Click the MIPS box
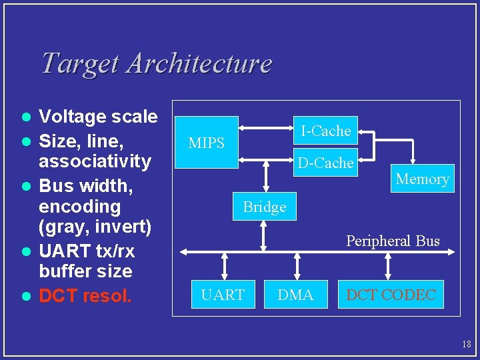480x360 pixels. tap(206, 143)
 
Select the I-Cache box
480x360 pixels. tap(325, 131)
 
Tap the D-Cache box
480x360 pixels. tap(325, 163)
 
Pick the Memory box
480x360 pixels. tap(422, 178)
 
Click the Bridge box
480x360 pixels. tap(265, 207)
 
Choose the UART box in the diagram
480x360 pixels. tap(223, 295)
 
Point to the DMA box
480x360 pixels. tap(295, 295)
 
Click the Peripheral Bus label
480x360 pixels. tap(393, 241)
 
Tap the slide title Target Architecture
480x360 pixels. tap(156, 63)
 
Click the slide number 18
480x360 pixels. tap(466, 344)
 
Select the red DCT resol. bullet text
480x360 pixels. tap(85, 295)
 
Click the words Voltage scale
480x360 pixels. tap(98, 117)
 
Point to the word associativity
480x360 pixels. tap(95, 161)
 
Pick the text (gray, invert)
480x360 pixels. tap(95, 227)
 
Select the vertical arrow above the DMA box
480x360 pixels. tap(296, 266)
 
